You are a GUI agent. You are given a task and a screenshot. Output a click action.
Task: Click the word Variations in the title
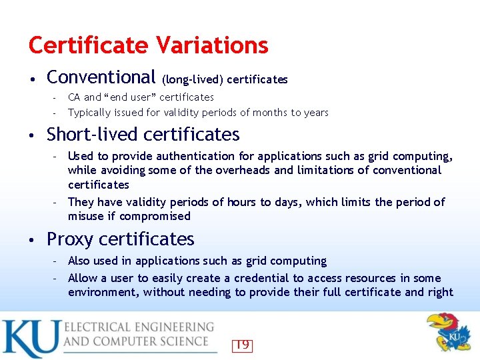pyautogui.click(x=212, y=45)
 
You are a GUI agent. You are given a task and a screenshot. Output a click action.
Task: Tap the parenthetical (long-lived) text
pyautogui.click(x=193, y=80)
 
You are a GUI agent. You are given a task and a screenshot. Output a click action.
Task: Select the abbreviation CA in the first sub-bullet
pyautogui.click(x=74, y=97)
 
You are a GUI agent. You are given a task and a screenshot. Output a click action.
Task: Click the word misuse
pyautogui.click(x=85, y=216)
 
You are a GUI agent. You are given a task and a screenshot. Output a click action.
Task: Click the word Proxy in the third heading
pyautogui.click(x=72, y=239)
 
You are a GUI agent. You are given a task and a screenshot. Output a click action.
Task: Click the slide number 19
pyautogui.click(x=242, y=345)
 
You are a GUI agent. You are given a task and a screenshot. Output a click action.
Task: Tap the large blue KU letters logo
pyautogui.click(x=30, y=339)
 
